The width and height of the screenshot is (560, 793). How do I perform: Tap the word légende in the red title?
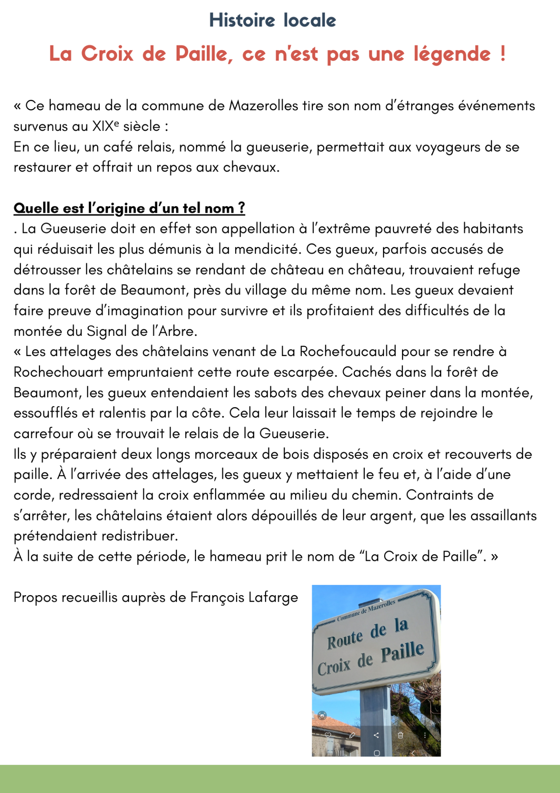click(452, 54)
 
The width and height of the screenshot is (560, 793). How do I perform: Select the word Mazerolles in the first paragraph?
click(263, 106)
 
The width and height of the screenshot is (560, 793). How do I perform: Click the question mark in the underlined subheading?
click(241, 208)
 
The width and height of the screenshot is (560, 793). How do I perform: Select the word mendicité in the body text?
click(266, 249)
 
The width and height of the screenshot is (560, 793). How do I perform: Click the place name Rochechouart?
click(58, 372)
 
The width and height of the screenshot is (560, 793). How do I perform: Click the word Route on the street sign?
click(345, 640)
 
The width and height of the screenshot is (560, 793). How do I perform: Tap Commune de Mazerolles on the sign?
click(366, 610)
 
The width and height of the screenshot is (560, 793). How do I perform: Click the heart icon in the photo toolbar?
click(328, 735)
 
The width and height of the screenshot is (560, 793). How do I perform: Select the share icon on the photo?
click(376, 735)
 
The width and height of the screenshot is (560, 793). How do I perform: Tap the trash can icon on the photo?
click(400, 735)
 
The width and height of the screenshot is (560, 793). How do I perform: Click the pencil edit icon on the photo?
click(352, 735)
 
